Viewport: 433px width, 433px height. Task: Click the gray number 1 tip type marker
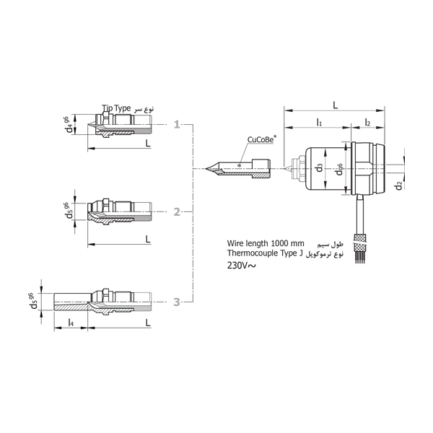tap(177, 125)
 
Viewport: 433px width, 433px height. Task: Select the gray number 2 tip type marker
tap(177, 212)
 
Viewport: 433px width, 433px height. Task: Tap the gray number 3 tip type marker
tap(177, 302)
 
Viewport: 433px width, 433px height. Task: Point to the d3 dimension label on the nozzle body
tap(319, 167)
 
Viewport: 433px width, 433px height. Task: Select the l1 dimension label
tap(319, 122)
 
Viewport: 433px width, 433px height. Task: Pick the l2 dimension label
tap(367, 122)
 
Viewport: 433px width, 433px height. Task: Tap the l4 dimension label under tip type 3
tap(71, 322)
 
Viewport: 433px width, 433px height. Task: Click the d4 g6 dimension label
tap(69, 124)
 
